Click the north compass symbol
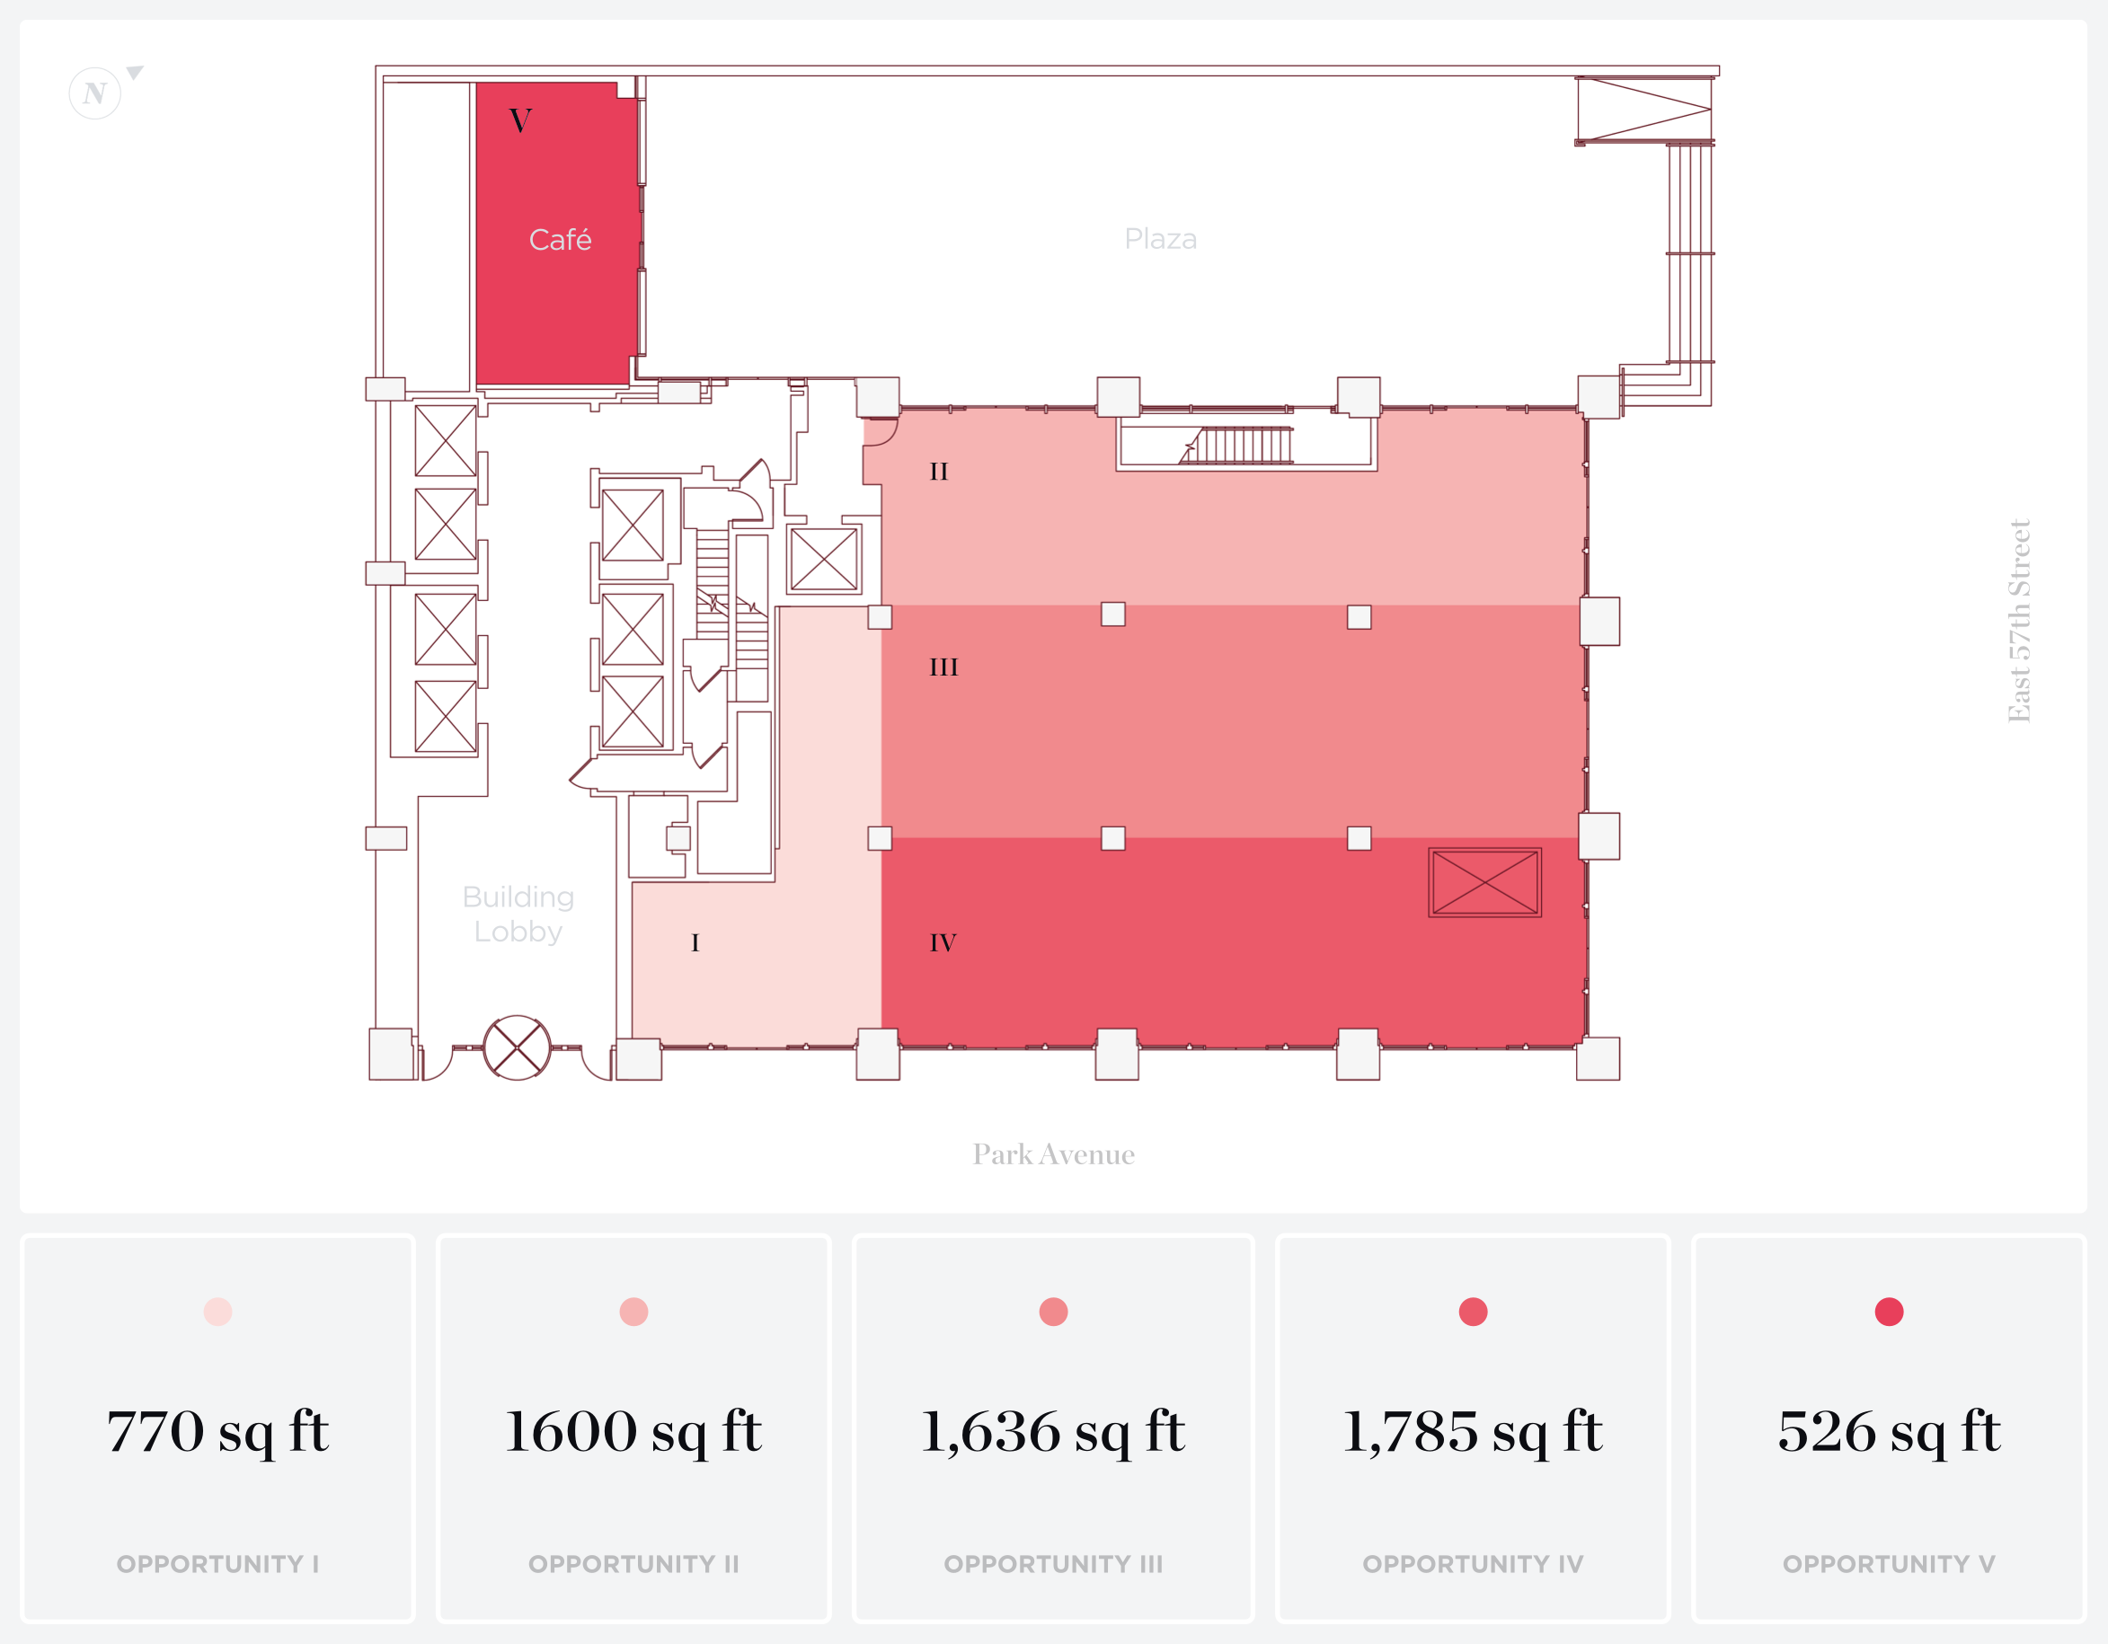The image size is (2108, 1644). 95,93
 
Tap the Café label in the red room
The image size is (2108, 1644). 560,239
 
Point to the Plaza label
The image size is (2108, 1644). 1160,238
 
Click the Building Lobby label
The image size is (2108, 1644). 518,914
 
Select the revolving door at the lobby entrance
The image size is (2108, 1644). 517,1047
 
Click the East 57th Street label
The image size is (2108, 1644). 2019,621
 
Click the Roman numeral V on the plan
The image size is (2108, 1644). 520,120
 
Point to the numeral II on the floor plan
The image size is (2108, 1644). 938,472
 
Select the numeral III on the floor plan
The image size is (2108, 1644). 943,667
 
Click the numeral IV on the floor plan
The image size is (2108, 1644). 942,942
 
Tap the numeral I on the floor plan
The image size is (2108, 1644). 695,942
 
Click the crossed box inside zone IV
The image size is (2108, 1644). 1484,882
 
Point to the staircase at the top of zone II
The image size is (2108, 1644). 1240,446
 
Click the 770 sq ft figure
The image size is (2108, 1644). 218,1431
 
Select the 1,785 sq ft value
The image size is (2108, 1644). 1472,1431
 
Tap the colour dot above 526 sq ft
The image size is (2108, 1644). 1888,1313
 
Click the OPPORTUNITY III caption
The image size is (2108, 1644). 1053,1564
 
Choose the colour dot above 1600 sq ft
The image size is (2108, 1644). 633,1313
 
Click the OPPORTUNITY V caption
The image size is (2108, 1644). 1888,1564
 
